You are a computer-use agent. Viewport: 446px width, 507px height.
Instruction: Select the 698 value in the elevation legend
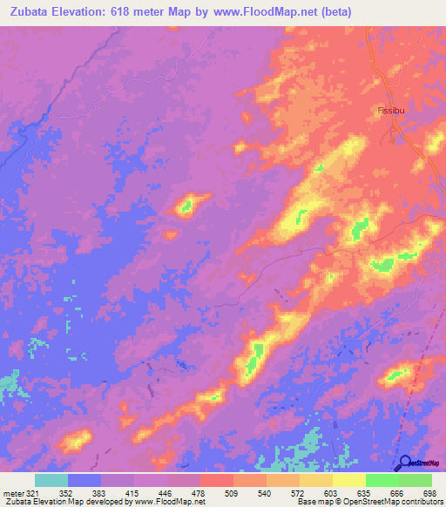click(428, 493)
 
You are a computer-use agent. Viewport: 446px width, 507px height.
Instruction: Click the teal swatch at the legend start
click(51, 480)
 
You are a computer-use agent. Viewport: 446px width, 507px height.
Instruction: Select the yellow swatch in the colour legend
click(348, 480)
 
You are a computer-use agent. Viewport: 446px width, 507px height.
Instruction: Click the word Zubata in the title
click(32, 12)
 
